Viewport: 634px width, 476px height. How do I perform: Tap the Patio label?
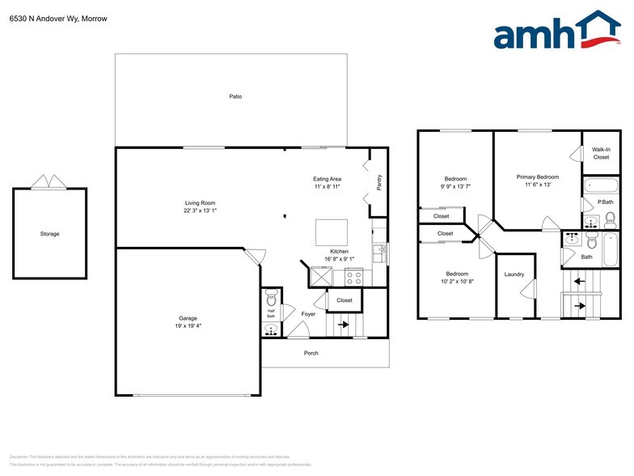[235, 96]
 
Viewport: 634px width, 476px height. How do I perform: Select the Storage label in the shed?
[50, 234]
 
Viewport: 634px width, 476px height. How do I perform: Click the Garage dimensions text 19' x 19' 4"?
[188, 326]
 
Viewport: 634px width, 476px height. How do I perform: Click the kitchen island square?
[332, 232]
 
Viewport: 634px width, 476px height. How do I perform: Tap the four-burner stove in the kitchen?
[354, 276]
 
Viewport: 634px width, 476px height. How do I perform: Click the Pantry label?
[378, 184]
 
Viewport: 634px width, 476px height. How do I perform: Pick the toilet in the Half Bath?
[271, 295]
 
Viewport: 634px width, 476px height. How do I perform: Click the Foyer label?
[309, 314]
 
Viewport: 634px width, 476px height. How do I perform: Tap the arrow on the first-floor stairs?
[343, 325]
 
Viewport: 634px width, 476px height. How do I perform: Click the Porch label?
[311, 353]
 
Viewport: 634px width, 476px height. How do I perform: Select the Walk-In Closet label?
[601, 153]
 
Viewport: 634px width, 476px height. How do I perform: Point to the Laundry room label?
[514, 274]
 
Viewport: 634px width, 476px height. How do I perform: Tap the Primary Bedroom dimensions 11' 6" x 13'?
[537, 185]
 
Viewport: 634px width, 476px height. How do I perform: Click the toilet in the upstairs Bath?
[592, 241]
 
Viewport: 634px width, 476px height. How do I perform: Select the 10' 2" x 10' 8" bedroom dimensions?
[457, 282]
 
